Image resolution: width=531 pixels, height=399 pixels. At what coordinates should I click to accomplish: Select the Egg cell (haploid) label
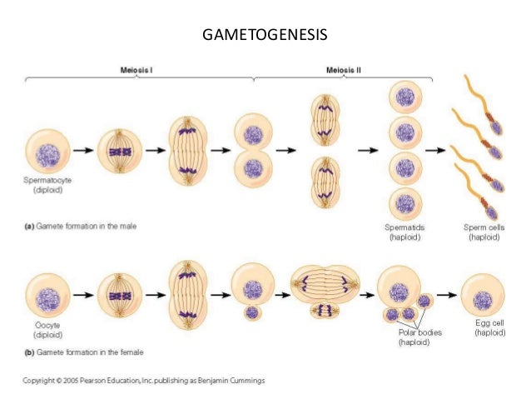[x=490, y=328]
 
